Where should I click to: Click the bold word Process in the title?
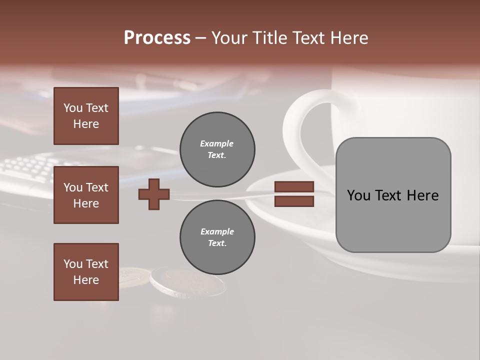[157, 37]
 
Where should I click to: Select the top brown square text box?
[86, 116]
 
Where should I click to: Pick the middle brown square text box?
[86, 195]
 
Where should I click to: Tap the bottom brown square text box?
[86, 272]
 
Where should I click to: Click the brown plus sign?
[154, 194]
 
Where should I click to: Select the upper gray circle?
[217, 149]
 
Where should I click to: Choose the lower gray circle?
[217, 237]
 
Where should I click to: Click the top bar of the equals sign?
[294, 186]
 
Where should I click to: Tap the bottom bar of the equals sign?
[294, 201]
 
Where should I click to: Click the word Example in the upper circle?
[217, 143]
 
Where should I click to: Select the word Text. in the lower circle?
[217, 243]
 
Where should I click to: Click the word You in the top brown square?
[73, 108]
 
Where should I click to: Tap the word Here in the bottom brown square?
[86, 280]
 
